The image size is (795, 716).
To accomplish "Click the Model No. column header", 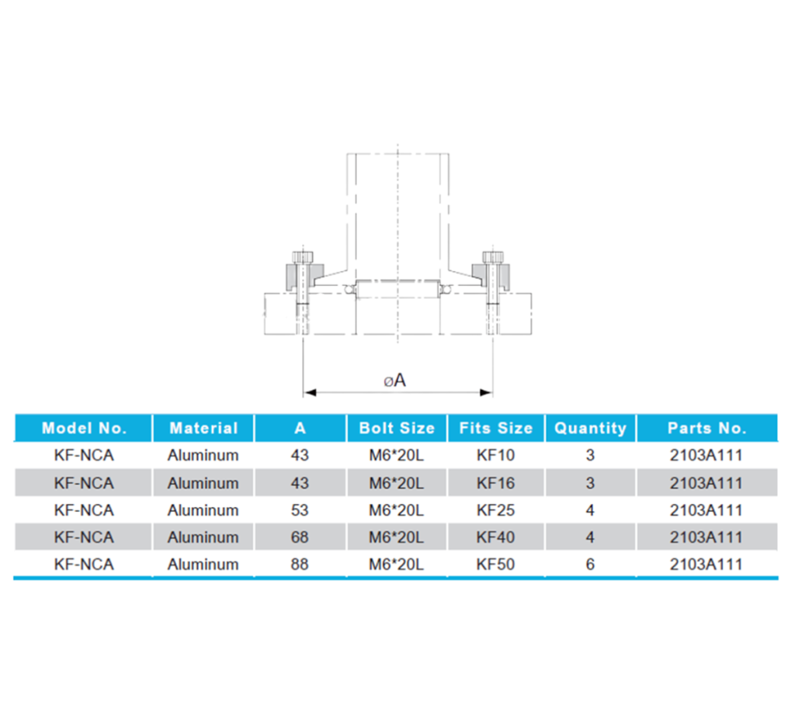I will pyautogui.click(x=83, y=428).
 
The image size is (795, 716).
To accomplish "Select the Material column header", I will pyautogui.click(x=203, y=428).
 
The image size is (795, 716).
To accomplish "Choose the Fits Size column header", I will pyautogui.click(x=495, y=428).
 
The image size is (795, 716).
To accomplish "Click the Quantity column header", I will pyautogui.click(x=590, y=428).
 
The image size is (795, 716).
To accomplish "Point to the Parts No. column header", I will pyautogui.click(x=706, y=428).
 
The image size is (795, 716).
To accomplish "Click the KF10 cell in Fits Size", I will pyautogui.click(x=495, y=455).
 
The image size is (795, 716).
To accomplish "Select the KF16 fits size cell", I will pyautogui.click(x=495, y=483).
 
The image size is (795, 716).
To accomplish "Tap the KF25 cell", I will pyautogui.click(x=495, y=510).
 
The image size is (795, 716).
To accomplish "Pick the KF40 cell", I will pyautogui.click(x=495, y=537).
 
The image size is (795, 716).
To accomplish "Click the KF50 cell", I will pyautogui.click(x=495, y=565).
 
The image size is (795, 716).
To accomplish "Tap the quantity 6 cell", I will pyautogui.click(x=590, y=565).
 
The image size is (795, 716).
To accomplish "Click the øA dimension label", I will pyautogui.click(x=395, y=380).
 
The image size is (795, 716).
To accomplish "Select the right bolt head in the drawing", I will pyautogui.click(x=490, y=257).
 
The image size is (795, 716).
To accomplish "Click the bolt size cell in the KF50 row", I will pyautogui.click(x=396, y=565).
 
